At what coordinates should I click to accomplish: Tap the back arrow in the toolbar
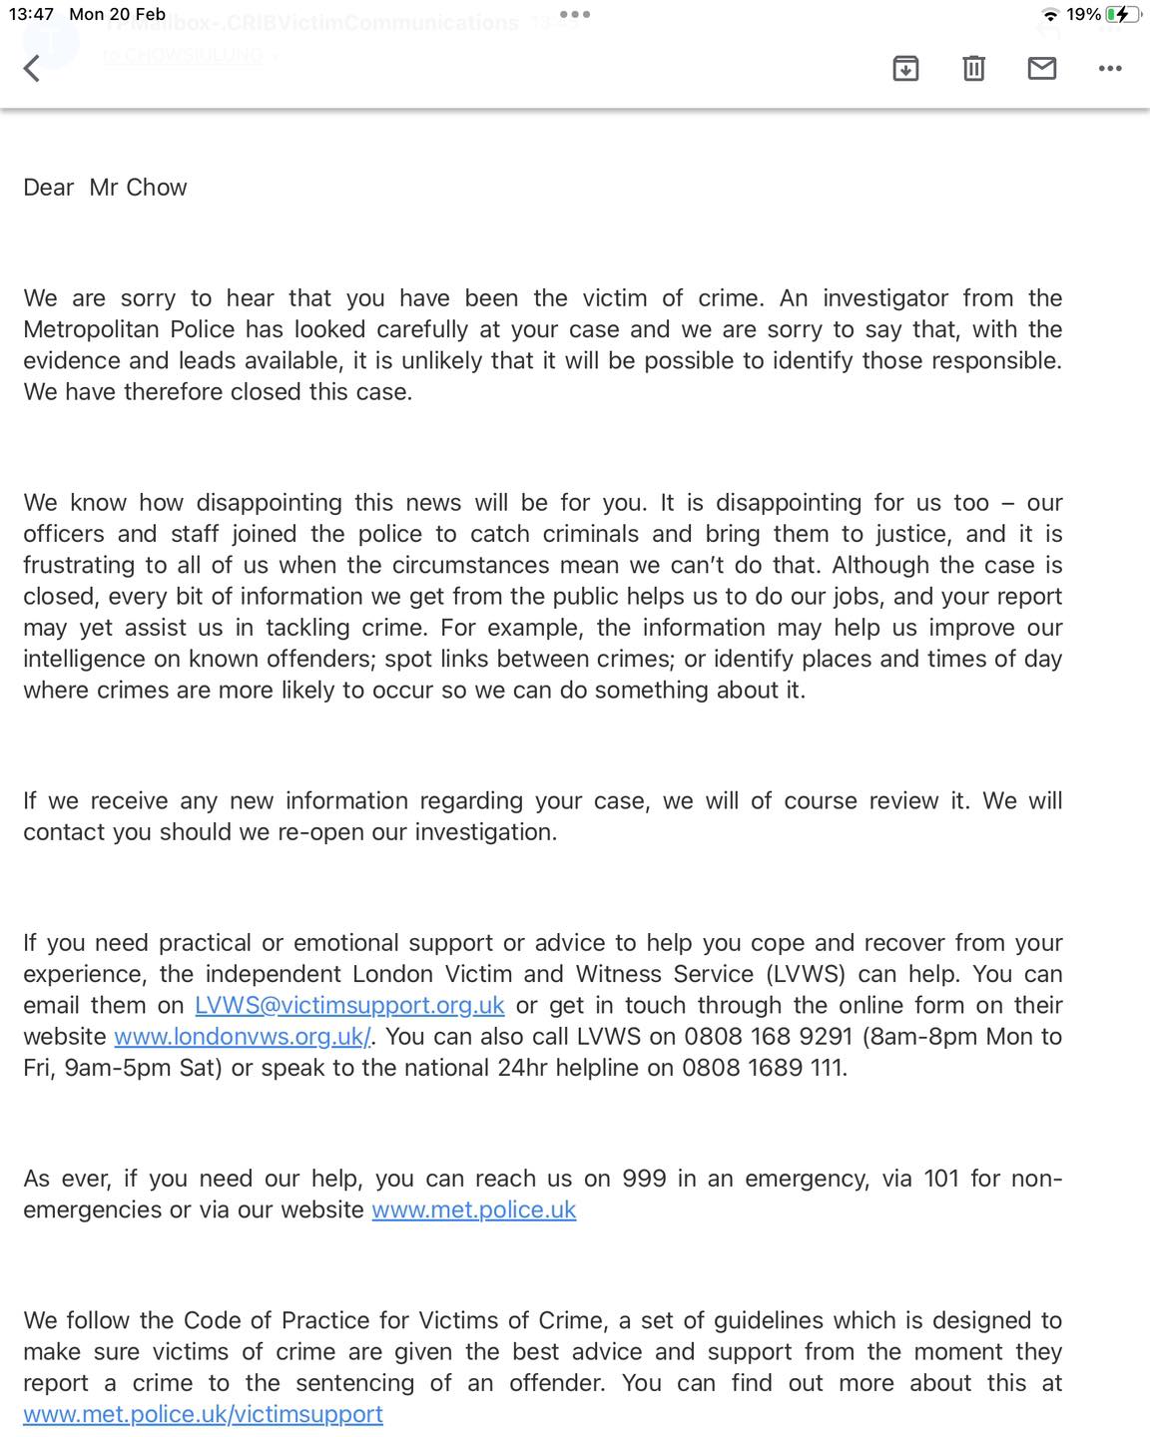[x=32, y=68]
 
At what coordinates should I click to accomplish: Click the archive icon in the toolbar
[x=905, y=68]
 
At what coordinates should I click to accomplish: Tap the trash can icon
[x=973, y=68]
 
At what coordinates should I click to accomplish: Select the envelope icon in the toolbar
[x=1042, y=68]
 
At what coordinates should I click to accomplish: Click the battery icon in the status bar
[x=1122, y=15]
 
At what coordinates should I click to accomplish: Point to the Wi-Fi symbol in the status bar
[x=1050, y=15]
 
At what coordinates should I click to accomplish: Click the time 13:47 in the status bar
[x=31, y=14]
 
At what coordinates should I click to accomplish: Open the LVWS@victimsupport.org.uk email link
[x=349, y=1005]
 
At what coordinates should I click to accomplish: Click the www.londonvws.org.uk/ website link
[x=243, y=1036]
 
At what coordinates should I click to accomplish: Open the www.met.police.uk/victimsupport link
[x=203, y=1414]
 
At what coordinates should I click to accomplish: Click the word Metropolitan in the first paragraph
[x=129, y=329]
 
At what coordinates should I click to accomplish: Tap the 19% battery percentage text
[x=1083, y=15]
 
